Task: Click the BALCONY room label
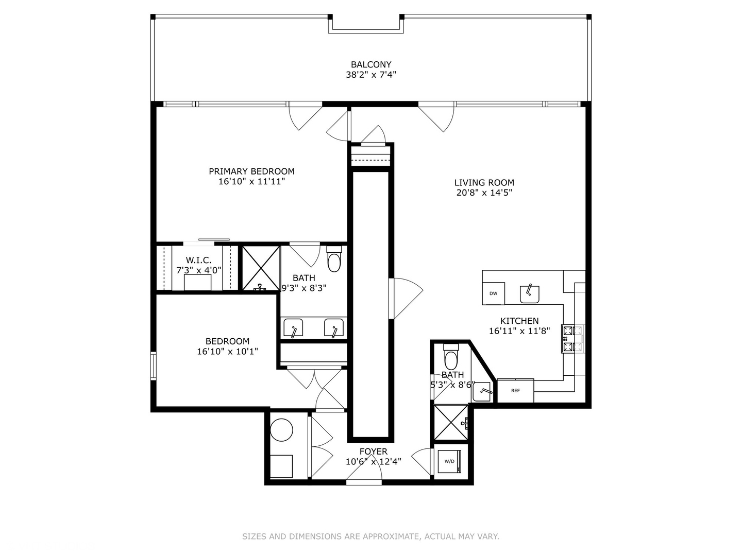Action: coord(371,65)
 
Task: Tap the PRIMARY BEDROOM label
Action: coord(251,171)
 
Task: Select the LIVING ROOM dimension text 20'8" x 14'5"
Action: coord(484,193)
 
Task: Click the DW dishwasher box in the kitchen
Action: coord(493,293)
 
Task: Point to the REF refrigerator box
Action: coord(515,390)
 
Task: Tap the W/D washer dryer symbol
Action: coord(450,461)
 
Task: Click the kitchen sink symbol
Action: coord(529,294)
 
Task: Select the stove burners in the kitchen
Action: coord(572,339)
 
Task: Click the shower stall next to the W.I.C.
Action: coord(261,268)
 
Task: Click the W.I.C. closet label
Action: coord(198,260)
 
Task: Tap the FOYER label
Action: coord(374,451)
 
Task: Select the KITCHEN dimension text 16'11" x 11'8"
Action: coord(519,331)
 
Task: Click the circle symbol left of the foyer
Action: coord(282,430)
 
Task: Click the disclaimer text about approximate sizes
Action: coord(370,536)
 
